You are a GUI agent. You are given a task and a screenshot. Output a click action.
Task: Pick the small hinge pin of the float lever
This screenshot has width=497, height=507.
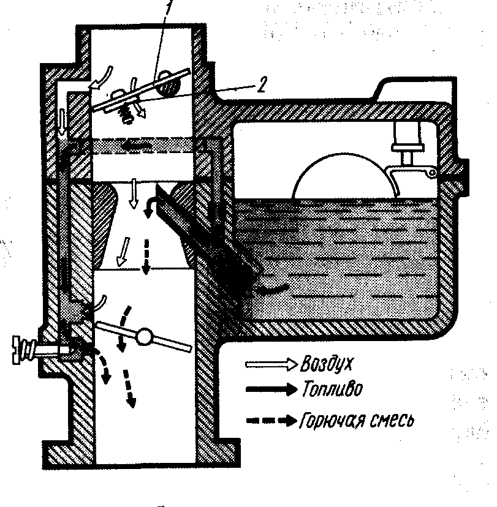[x=431, y=175]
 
